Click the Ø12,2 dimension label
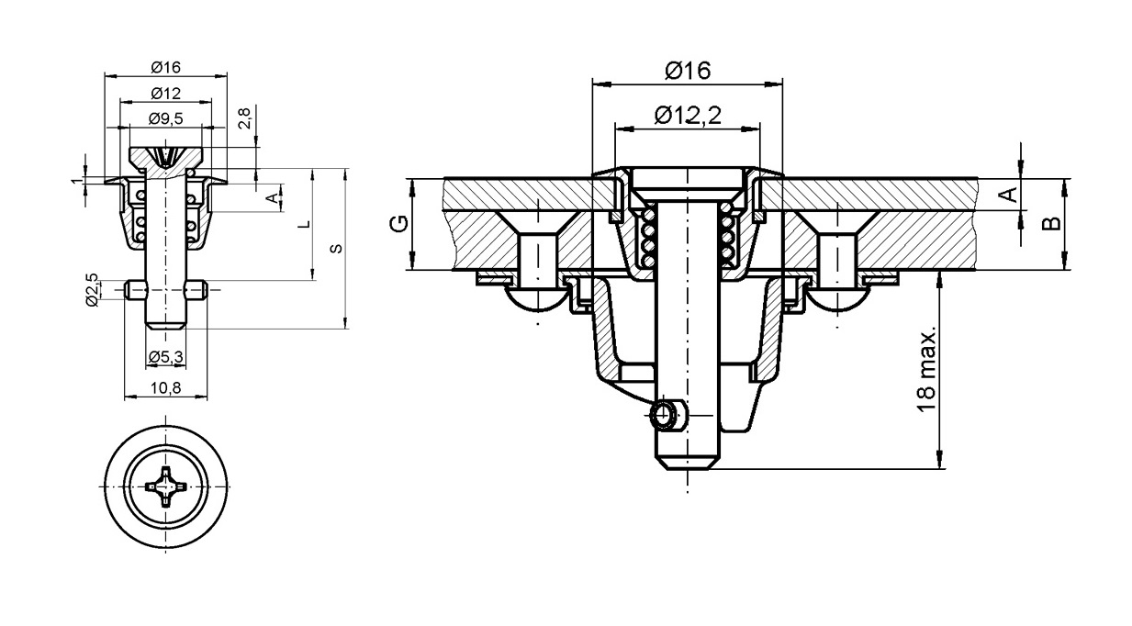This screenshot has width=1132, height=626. coord(688,116)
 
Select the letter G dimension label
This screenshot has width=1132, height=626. coord(399,223)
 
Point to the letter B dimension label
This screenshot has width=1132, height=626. coord(1051,223)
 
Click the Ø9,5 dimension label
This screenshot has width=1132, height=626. coord(166,118)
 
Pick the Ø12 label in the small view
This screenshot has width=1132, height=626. coord(166,94)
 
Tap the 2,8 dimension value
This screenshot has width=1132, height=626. coord(244,118)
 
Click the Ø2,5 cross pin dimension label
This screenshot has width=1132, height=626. coord(92,289)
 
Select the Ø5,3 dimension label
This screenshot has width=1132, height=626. coord(166,357)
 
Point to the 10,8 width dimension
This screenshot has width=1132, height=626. coord(166,388)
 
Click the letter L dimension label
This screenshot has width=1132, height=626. coord(304,224)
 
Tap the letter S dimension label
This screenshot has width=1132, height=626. coord(335,249)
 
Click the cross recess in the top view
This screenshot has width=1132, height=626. coord(166,487)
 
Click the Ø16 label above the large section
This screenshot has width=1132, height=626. coord(688,71)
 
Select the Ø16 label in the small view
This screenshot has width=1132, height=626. coord(166,67)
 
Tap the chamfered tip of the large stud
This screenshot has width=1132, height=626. coord(688,464)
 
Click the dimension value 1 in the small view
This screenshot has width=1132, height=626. coord(76,181)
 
